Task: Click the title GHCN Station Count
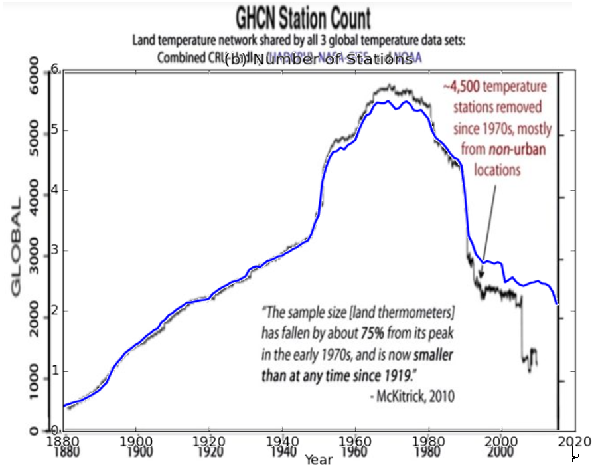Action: click(303, 18)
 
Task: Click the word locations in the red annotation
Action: click(497, 170)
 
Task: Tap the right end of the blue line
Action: click(558, 304)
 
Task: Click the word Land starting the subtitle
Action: click(143, 41)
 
